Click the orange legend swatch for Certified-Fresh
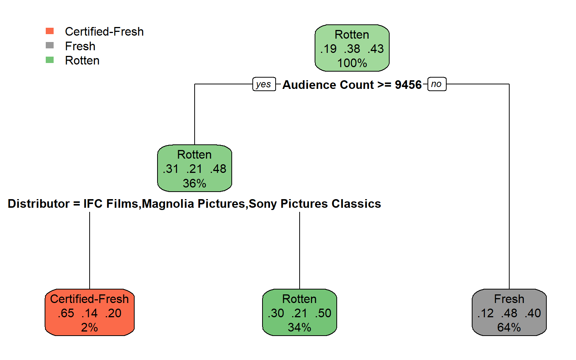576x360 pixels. click(x=49, y=31)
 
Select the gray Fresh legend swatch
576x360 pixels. click(x=49, y=45)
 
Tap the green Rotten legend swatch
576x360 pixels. click(x=49, y=60)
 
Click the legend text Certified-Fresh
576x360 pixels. click(x=104, y=31)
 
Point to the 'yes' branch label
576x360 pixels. click(x=264, y=84)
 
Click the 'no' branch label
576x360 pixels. click(x=436, y=84)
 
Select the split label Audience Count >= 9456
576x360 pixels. click(x=352, y=85)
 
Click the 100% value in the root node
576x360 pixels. click(x=352, y=63)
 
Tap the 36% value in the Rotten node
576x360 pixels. click(x=194, y=183)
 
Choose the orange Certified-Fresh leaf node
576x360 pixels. click(x=90, y=312)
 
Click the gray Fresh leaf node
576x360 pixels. click(x=509, y=312)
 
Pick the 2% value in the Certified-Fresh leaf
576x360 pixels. click(x=90, y=327)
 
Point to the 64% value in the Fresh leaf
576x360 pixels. click(x=509, y=327)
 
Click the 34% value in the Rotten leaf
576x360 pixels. click(x=299, y=327)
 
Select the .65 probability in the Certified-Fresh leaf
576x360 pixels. click(x=66, y=313)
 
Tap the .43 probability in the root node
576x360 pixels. click(x=376, y=49)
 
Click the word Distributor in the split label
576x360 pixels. click(x=39, y=204)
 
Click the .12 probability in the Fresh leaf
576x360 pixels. click(x=486, y=313)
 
